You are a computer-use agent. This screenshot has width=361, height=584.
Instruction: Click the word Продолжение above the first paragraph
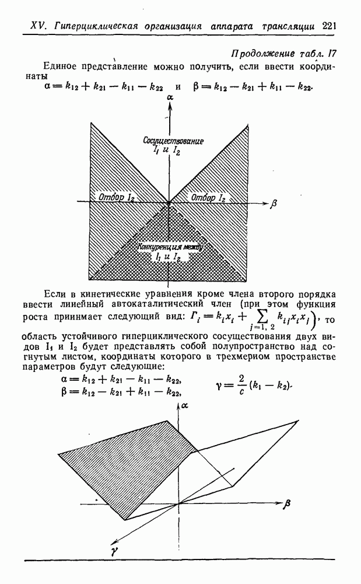[x=260, y=54]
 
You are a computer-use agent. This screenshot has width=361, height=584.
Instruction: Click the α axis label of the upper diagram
[x=169, y=98]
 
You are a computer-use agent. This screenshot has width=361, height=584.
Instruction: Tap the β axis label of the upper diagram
[x=274, y=204]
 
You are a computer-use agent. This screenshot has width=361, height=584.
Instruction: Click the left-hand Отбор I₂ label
[x=117, y=197]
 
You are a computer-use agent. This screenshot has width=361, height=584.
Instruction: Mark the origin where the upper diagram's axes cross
[x=168, y=204]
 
